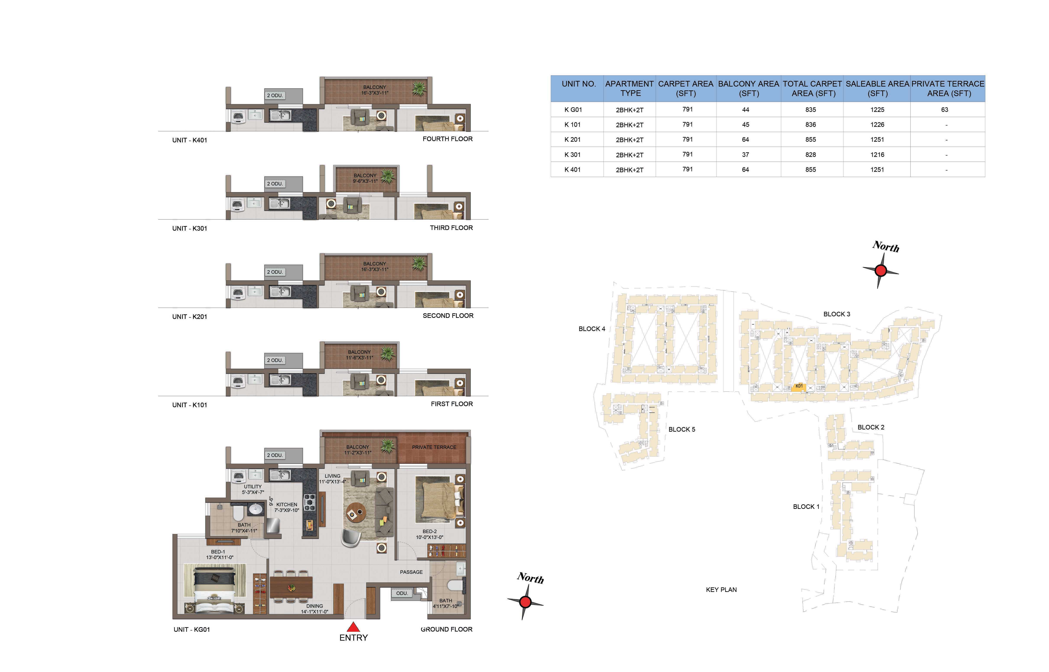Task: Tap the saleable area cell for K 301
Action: coord(877,154)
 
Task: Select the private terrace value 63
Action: coord(945,109)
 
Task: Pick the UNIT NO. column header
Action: coord(579,84)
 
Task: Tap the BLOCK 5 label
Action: coord(682,429)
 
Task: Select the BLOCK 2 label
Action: coord(871,427)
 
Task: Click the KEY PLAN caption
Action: coord(721,590)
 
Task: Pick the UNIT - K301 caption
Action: coord(190,228)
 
